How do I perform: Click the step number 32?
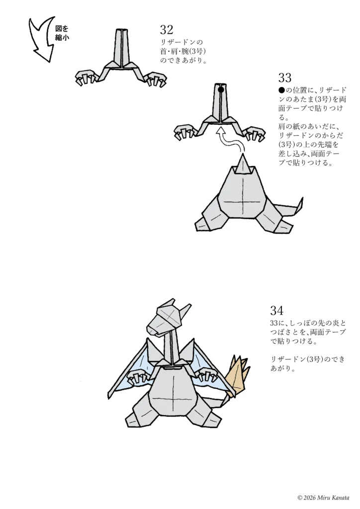[167, 30]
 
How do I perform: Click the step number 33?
[285, 78]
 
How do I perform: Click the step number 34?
[276, 311]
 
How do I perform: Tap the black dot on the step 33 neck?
[221, 90]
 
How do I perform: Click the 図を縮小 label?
[62, 33]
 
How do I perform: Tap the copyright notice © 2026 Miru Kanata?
[323, 498]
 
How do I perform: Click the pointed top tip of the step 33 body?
[242, 155]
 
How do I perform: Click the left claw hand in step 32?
[87, 79]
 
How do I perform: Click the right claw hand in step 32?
[155, 80]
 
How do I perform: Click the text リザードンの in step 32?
[182, 42]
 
